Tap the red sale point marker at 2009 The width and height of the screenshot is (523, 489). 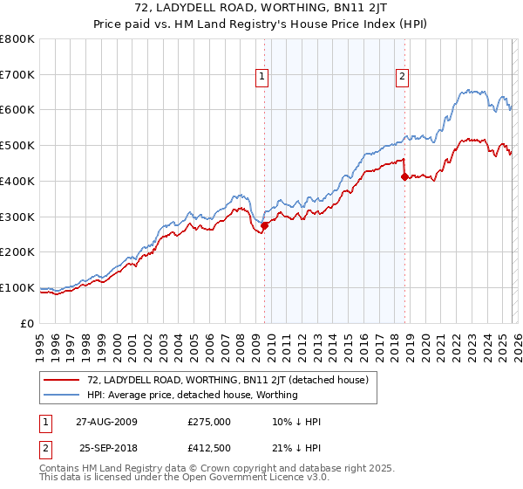point(265,225)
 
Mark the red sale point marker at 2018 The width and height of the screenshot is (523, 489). point(404,176)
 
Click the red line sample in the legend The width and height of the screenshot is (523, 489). point(63,380)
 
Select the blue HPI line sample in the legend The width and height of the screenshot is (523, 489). point(63,395)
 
